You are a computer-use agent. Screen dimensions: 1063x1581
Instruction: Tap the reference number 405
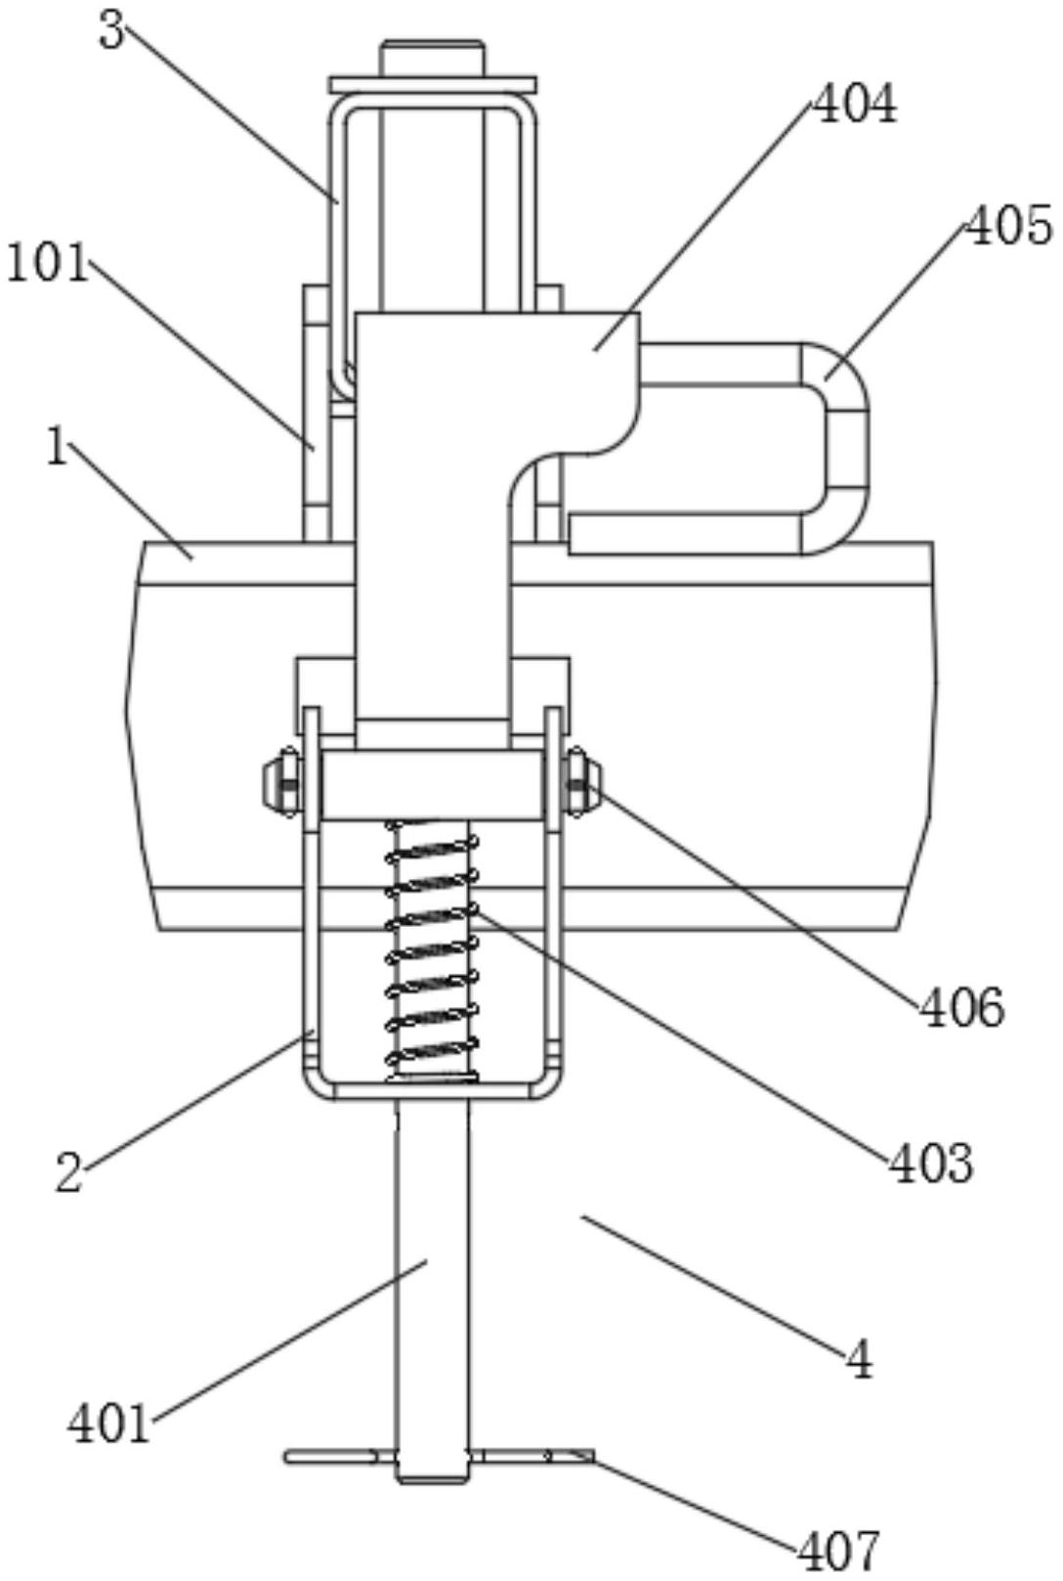coord(1009,227)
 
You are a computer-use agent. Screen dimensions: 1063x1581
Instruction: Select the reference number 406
coord(961,1007)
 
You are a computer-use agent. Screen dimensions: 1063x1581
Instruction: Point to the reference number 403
coord(931,1163)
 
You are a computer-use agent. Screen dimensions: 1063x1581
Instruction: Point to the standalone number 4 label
coord(860,1359)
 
